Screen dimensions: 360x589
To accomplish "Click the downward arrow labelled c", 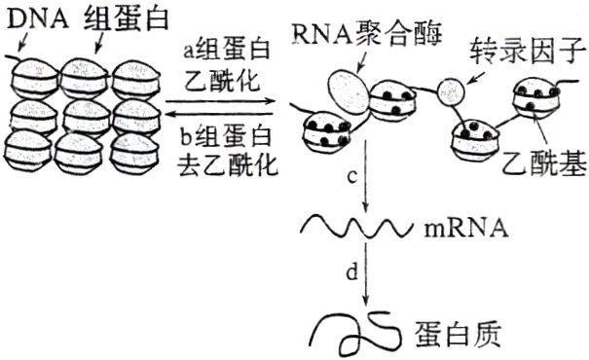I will [x=365, y=180].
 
